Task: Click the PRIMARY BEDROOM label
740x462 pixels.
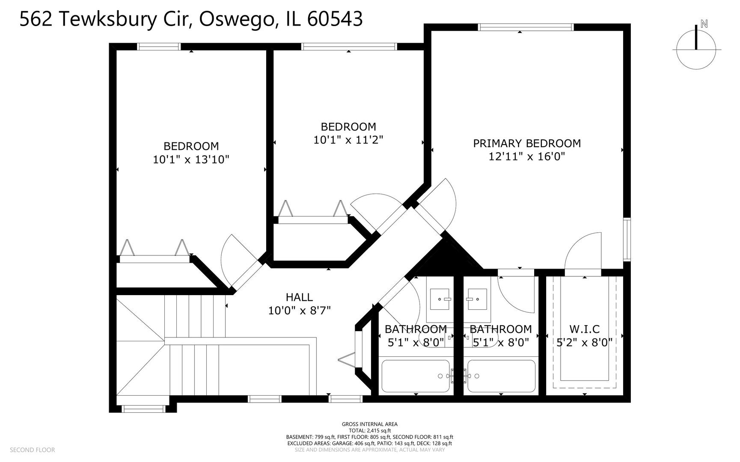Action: point(526,143)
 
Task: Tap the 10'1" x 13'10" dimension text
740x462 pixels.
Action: point(191,160)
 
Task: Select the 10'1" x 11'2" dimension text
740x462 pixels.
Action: point(348,140)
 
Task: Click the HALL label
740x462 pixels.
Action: point(299,297)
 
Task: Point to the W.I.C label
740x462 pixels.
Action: point(584,329)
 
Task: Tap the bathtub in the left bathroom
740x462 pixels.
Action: point(415,376)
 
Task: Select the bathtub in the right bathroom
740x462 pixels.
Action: point(501,376)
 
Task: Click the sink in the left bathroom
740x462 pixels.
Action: point(440,299)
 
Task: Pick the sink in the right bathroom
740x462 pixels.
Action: point(477,299)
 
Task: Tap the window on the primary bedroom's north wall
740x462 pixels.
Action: point(526,27)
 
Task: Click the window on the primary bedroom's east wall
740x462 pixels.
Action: point(627,239)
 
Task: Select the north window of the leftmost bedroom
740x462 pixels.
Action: point(158,47)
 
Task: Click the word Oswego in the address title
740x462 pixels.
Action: point(236,19)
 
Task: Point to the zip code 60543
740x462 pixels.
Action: point(335,19)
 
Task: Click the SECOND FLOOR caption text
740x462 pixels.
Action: point(32,450)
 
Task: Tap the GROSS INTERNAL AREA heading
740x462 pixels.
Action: point(369,424)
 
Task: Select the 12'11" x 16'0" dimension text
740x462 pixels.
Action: point(526,157)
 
